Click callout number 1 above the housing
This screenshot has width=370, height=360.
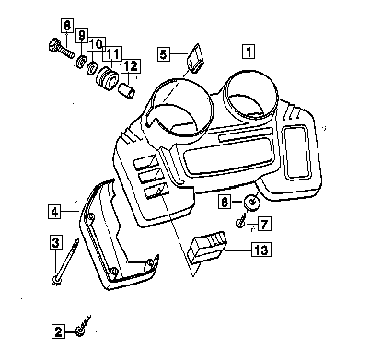(249, 52)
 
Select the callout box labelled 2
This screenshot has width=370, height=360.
(58, 331)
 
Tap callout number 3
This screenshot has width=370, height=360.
(55, 242)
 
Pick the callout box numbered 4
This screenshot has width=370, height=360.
(54, 212)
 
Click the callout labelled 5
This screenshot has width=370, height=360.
(164, 54)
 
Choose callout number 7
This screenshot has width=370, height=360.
(264, 224)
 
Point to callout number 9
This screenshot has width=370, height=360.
(82, 35)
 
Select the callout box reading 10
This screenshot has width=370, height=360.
(97, 44)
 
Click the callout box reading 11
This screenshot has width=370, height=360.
(112, 54)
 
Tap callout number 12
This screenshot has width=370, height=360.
(131, 65)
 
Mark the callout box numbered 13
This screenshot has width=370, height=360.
(261, 250)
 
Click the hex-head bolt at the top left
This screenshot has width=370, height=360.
(61, 49)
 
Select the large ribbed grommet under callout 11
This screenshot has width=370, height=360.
(106, 79)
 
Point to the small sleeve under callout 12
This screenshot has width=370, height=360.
(127, 91)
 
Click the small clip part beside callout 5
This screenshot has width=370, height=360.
(194, 59)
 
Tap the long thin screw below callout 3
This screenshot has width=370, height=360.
(65, 262)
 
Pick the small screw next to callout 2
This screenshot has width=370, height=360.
(83, 326)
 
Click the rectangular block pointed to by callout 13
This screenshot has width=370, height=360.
(207, 248)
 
